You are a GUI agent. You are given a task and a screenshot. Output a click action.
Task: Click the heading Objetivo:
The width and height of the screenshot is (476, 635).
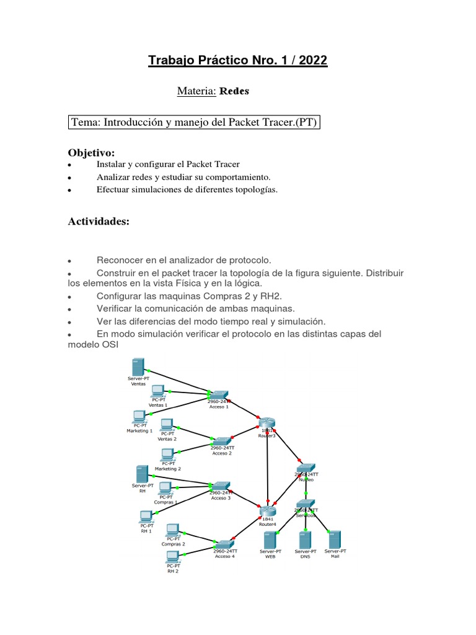91,153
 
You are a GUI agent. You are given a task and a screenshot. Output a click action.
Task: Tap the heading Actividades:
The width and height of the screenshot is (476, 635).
99,222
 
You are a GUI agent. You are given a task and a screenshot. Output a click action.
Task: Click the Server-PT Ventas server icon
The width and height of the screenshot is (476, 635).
138,366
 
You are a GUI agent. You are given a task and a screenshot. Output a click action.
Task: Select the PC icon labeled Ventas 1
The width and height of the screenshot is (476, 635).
157,391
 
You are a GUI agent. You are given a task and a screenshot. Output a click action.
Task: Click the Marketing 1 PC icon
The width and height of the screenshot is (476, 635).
139,416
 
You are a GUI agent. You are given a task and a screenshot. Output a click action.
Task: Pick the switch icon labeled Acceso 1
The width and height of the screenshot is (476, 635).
218,394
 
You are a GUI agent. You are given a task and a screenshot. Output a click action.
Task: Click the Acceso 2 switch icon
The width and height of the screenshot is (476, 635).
222,440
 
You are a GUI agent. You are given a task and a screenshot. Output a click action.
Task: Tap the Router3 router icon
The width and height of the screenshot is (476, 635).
267,423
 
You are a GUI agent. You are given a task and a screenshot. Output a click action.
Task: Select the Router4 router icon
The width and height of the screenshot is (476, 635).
268,511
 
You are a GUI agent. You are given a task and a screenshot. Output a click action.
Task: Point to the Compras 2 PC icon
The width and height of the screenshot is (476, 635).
173,530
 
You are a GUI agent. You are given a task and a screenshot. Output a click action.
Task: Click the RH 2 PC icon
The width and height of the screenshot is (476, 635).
173,556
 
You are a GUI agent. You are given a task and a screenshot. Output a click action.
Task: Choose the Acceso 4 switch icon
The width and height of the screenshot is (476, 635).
224,544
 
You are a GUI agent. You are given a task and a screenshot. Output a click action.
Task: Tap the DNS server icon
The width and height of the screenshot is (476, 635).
305,540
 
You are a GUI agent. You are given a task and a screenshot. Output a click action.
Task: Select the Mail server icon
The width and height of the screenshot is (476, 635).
335,538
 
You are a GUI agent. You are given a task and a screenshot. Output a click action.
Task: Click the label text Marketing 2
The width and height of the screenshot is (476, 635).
171,469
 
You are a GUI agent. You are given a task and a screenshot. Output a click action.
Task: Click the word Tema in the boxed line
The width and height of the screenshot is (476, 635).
86,122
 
